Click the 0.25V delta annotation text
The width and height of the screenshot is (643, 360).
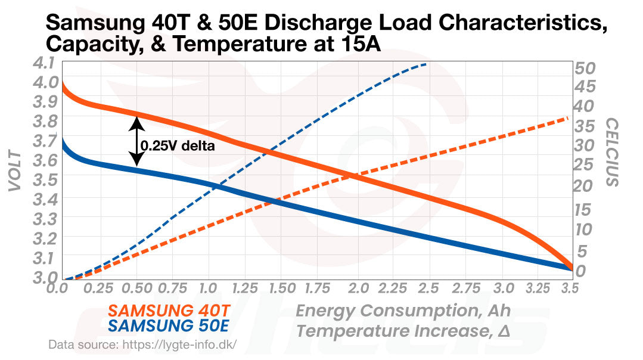tap(177, 145)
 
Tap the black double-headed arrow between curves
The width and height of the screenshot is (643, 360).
tap(136, 141)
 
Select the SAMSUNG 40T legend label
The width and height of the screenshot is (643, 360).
tap(169, 311)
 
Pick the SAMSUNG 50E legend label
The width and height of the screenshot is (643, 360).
tap(169, 327)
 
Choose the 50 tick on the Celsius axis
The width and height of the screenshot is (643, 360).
tap(585, 67)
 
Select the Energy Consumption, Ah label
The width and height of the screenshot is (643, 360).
tap(403, 311)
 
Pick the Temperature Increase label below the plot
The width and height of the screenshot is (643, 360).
tap(403, 330)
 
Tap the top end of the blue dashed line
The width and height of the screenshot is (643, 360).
tap(425, 64)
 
